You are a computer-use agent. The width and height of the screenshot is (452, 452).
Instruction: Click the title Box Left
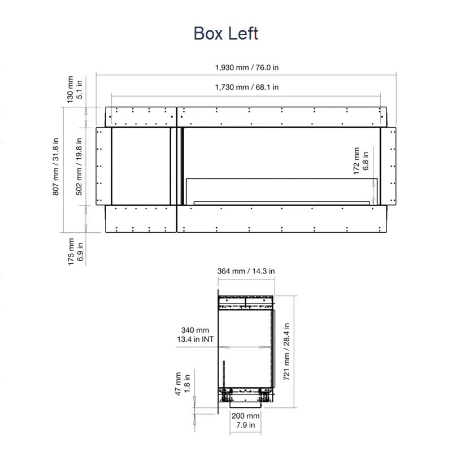coord(225,33)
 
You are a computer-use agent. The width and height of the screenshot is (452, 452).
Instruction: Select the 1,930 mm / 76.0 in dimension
coord(247,67)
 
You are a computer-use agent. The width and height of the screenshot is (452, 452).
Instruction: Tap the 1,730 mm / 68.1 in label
coord(247,87)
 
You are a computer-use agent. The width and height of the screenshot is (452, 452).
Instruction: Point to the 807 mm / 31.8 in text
coord(55,167)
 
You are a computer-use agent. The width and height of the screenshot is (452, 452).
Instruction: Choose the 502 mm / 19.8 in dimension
coord(79,167)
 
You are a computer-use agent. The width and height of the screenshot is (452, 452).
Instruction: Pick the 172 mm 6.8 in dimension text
coord(361,161)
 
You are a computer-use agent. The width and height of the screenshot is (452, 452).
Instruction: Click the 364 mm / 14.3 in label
coord(246,271)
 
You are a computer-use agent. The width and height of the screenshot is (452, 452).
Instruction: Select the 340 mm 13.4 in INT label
coord(195,334)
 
